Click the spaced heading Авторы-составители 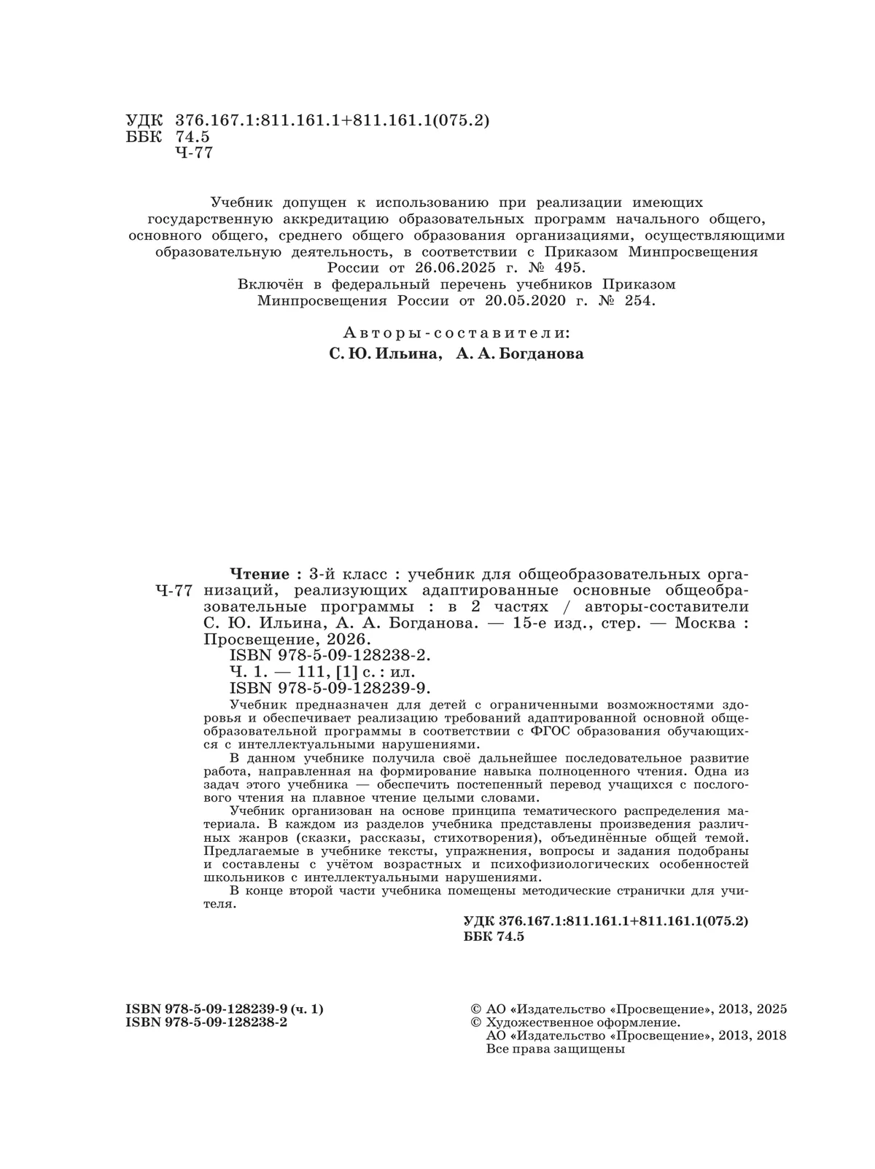pos(456,332)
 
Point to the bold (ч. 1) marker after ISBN pos(307,1009)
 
